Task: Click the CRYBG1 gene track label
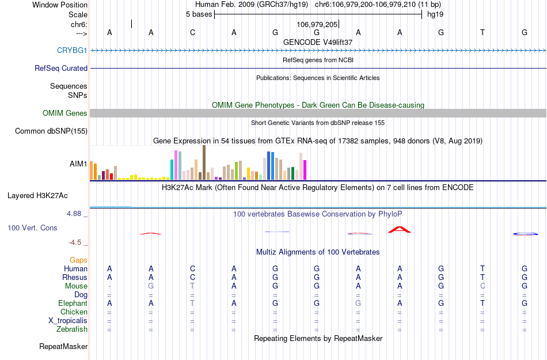click(72, 51)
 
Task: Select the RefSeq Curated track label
click(61, 69)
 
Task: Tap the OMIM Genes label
click(65, 113)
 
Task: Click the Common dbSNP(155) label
click(51, 131)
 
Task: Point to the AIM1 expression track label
click(78, 164)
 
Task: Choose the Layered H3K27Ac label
click(47, 195)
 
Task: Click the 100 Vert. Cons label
click(32, 228)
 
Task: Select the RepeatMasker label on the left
click(63, 347)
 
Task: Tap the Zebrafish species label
click(73, 329)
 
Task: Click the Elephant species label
click(73, 304)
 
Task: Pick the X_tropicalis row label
click(68, 321)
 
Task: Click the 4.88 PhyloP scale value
click(77, 214)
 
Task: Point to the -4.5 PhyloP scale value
click(78, 242)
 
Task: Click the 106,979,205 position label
click(317, 25)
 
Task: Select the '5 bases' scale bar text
click(199, 14)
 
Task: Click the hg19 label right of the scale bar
click(435, 14)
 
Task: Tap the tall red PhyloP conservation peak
click(399, 229)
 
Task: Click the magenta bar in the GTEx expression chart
click(305, 170)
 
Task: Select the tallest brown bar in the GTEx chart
click(204, 162)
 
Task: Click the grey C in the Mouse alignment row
click(483, 286)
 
